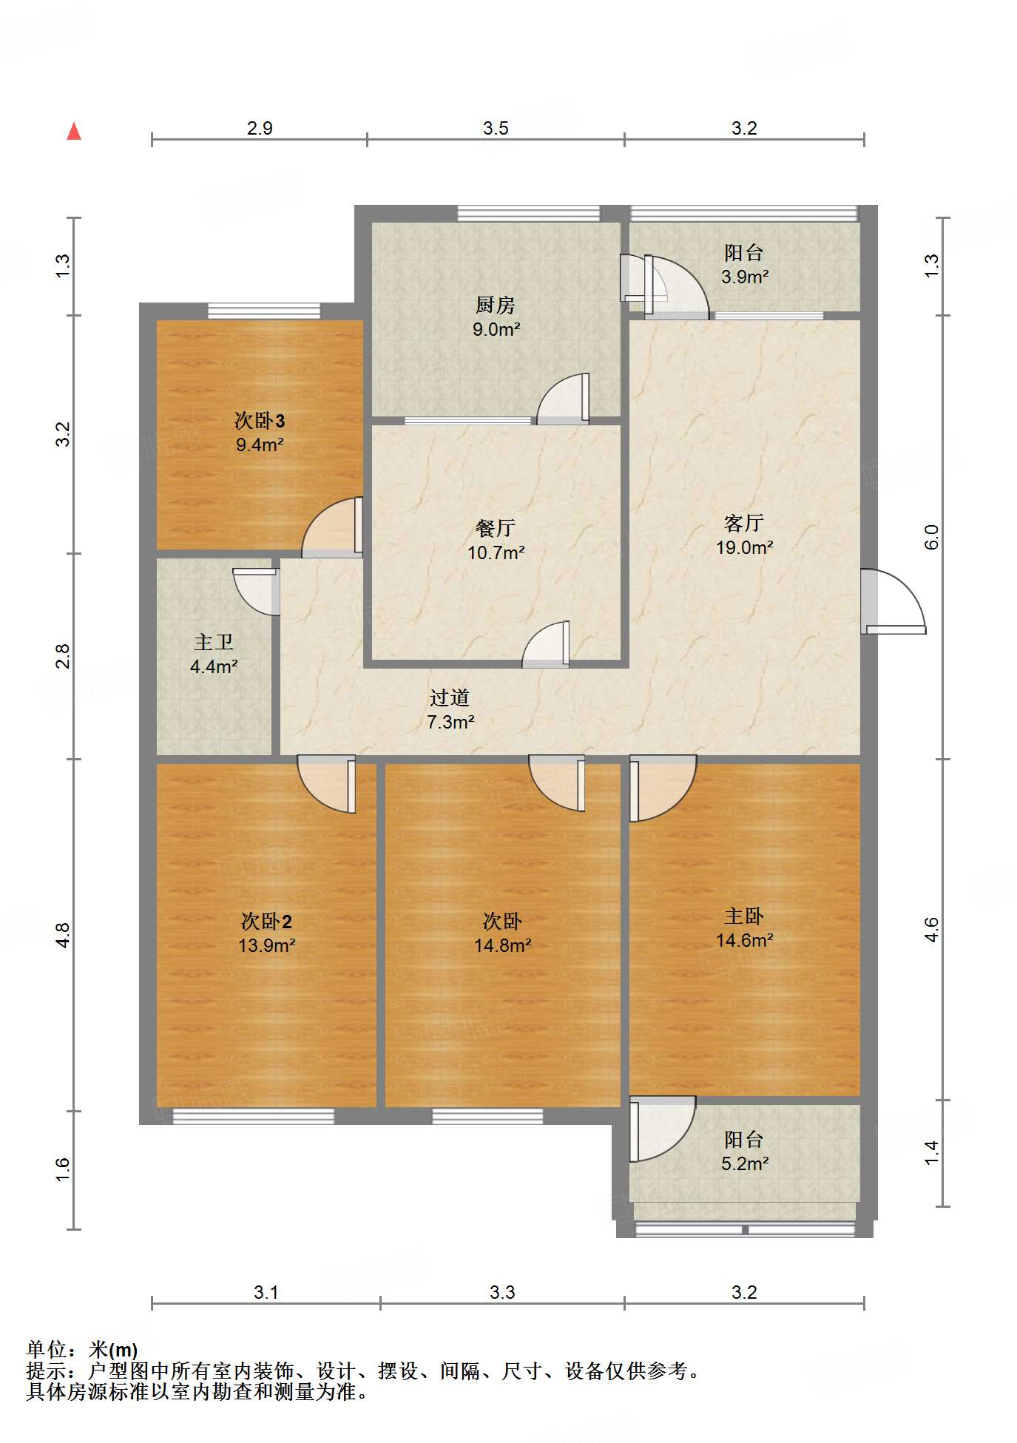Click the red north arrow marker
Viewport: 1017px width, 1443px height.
pyautogui.click(x=74, y=132)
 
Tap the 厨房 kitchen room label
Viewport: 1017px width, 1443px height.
pyautogui.click(x=495, y=305)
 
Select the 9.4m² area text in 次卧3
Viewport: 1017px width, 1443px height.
pyautogui.click(x=260, y=445)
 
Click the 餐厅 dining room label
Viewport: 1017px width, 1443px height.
pyautogui.click(x=496, y=528)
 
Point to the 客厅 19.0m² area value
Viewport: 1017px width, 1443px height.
pyautogui.click(x=744, y=547)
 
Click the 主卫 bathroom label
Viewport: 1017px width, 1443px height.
pyautogui.click(x=214, y=642)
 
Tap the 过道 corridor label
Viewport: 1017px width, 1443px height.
pyautogui.click(x=450, y=697)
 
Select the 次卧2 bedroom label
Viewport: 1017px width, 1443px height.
pyautogui.click(x=266, y=921)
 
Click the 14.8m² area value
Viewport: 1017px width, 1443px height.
pyautogui.click(x=503, y=945)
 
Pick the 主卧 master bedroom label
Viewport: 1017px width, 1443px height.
pyautogui.click(x=744, y=916)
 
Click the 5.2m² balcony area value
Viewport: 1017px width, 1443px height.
pyautogui.click(x=745, y=1163)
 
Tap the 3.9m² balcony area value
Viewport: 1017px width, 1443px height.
pyautogui.click(x=745, y=277)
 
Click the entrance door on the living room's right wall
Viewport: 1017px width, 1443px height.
pyautogui.click(x=893, y=601)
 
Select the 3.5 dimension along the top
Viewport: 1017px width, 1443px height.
pyautogui.click(x=496, y=128)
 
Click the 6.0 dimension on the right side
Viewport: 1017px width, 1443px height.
pyautogui.click(x=931, y=537)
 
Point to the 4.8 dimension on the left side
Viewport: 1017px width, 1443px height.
pyautogui.click(x=63, y=936)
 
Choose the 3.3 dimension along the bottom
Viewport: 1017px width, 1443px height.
pyautogui.click(x=502, y=1292)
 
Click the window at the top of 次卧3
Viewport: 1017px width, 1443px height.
pyautogui.click(x=264, y=311)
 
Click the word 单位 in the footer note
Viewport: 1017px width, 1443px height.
pyautogui.click(x=47, y=1351)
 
